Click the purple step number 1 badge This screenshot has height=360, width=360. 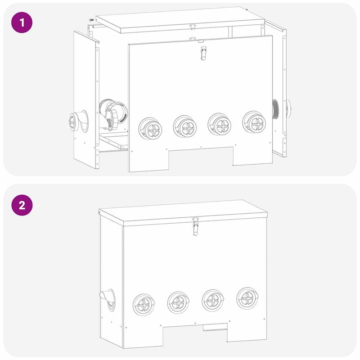click(x=21, y=22)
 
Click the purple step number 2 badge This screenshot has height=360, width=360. click(x=21, y=206)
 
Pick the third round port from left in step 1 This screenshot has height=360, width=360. click(x=220, y=124)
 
